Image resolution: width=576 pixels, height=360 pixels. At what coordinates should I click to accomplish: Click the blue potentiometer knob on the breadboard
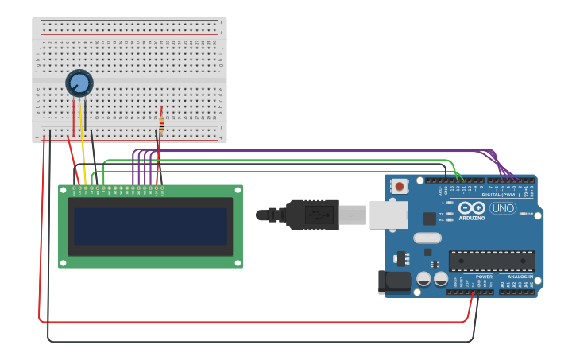[79, 83]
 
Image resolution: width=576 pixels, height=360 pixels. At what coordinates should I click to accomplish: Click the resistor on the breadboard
[161, 124]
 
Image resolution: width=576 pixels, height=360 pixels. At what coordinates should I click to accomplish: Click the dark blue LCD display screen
[150, 226]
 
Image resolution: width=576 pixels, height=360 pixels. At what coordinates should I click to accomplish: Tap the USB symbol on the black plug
[319, 215]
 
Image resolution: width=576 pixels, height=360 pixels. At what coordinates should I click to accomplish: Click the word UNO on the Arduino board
[502, 208]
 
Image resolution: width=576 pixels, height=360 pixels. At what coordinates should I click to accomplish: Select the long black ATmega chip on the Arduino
[491, 261]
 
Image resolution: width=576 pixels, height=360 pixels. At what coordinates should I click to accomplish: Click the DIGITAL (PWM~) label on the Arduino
[501, 195]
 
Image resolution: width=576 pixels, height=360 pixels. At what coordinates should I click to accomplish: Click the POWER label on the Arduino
[484, 276]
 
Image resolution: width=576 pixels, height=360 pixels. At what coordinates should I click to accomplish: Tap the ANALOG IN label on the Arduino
[520, 276]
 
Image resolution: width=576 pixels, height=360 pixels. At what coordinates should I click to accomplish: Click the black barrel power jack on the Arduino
[393, 281]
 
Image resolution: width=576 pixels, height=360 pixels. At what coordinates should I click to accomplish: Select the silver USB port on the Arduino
[389, 215]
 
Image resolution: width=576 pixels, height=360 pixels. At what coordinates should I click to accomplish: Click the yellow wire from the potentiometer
[83, 151]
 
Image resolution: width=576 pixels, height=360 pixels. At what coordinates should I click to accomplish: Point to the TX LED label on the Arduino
[442, 214]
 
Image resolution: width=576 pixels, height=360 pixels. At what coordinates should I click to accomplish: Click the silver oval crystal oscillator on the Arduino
[427, 238]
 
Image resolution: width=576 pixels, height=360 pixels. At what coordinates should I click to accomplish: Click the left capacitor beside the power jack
[423, 278]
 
